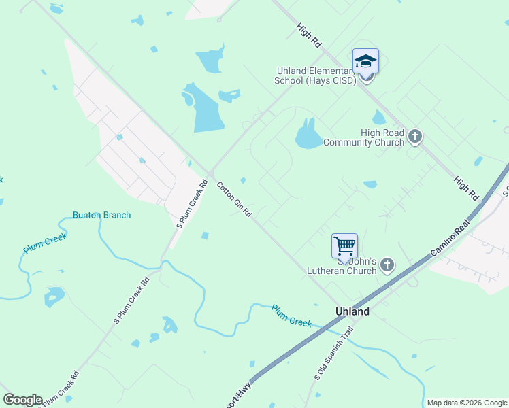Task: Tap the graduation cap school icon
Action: (365, 62)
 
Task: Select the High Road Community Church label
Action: (363, 137)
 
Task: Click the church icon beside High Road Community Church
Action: (415, 137)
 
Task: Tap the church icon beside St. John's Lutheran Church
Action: (387, 265)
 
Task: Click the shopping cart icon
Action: (344, 245)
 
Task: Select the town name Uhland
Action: (352, 311)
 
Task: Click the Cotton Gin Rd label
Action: (234, 199)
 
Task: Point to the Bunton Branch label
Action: (101, 215)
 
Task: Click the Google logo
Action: (22, 400)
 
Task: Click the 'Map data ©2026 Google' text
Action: (467, 403)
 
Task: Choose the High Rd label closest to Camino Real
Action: (466, 187)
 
